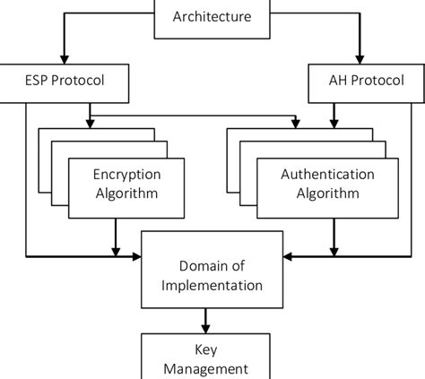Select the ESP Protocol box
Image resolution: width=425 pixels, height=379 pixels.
65,80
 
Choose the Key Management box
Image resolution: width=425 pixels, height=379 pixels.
212,357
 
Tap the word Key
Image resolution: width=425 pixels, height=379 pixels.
212,349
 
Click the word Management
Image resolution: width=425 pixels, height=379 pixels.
212,367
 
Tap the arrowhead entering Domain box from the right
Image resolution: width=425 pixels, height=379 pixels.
287,257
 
